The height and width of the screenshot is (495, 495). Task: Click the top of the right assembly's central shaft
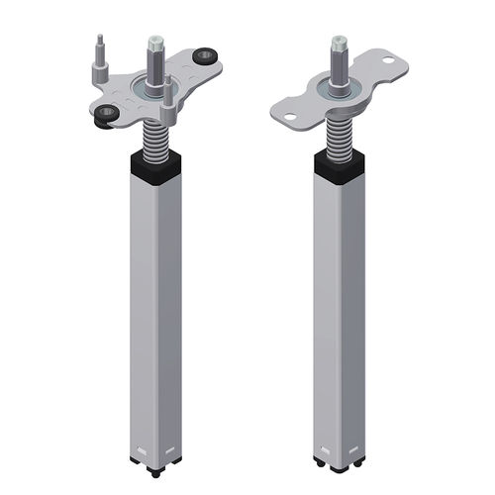pyautogui.click(x=339, y=43)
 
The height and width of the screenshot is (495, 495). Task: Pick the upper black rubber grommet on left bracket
pyautogui.click(x=207, y=55)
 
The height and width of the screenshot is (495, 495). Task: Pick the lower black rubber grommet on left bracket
pyautogui.click(x=103, y=115)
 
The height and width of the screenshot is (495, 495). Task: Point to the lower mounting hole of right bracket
pyautogui.click(x=291, y=119)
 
